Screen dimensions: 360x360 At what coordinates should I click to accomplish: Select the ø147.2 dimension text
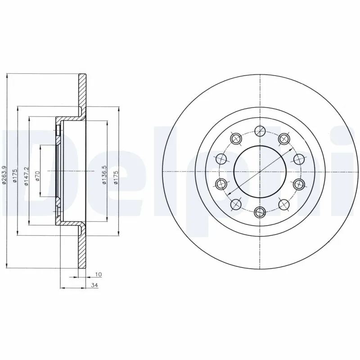[x=26, y=175]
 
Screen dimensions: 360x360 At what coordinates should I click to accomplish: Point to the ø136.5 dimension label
[x=104, y=175]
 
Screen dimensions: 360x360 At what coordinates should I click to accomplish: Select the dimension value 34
[x=94, y=285]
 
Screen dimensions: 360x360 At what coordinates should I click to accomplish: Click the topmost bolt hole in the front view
[x=259, y=131]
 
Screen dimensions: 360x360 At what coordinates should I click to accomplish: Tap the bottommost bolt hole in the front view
[x=259, y=211]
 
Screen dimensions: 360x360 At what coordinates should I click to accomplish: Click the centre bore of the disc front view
[x=259, y=171]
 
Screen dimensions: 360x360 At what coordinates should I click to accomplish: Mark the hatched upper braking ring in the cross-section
[x=82, y=90]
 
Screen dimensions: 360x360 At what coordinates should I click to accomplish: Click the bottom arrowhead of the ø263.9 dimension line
[x=8, y=266]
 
